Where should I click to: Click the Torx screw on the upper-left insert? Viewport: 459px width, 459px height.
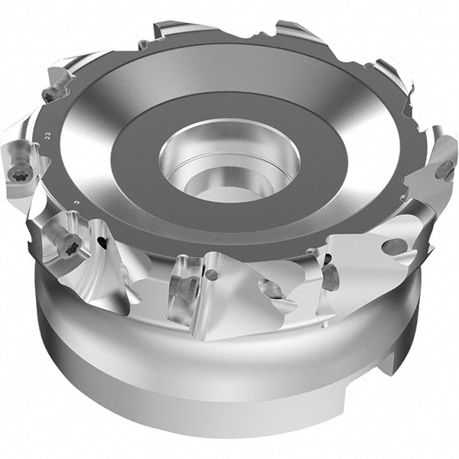pyautogui.click(x=50, y=95)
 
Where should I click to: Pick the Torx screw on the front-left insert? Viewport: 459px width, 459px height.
pyautogui.click(x=70, y=246)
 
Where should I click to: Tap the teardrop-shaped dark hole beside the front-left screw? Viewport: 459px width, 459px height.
pyautogui.click(x=102, y=243)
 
